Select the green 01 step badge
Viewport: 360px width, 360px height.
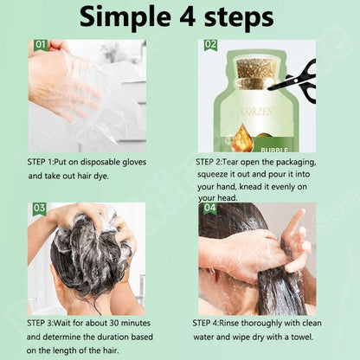click(41, 44)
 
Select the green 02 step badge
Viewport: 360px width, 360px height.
click(210, 44)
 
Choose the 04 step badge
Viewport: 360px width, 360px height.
click(210, 209)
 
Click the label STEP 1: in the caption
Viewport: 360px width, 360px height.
click(46, 162)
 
